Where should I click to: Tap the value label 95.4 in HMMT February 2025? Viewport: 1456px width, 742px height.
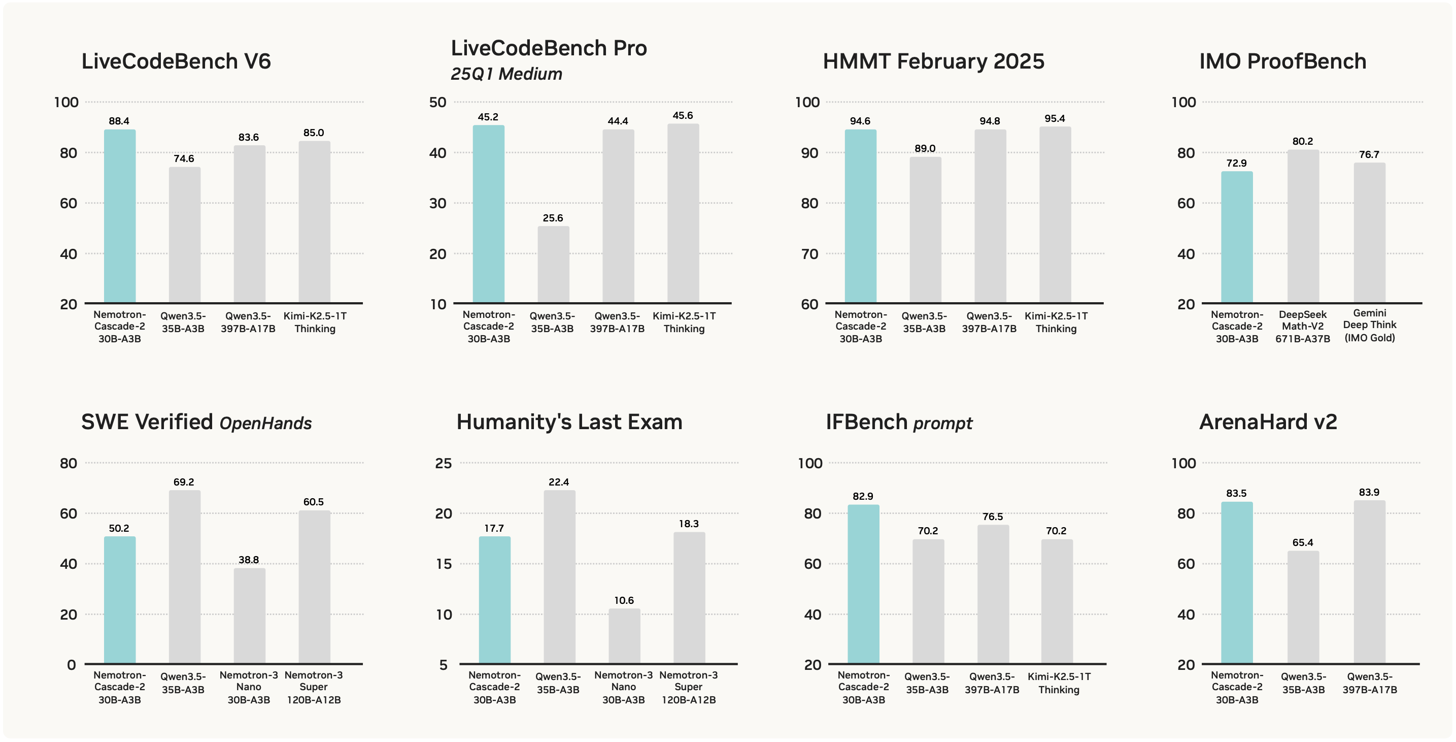click(1054, 118)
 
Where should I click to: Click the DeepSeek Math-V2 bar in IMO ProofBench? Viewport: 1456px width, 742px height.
click(1303, 226)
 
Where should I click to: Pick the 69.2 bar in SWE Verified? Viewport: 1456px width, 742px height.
click(184, 577)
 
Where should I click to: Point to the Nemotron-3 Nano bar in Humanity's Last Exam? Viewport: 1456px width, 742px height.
click(624, 636)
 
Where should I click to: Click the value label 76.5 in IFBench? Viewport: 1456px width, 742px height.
click(993, 517)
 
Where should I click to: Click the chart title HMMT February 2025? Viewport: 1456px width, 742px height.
click(933, 61)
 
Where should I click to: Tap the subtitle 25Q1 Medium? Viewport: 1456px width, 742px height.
click(506, 74)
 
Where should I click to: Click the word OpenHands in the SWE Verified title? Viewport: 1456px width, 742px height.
click(265, 423)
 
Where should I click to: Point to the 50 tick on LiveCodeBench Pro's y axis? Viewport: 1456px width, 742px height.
click(437, 103)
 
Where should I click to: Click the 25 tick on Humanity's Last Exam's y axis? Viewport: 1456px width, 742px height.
click(443, 463)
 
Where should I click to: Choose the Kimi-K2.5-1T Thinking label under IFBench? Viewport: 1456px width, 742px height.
click(1058, 683)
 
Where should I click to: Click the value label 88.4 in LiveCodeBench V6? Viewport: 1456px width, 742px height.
click(119, 121)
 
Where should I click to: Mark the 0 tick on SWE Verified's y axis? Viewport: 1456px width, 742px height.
click(71, 664)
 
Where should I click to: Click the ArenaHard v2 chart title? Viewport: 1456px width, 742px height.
click(1268, 422)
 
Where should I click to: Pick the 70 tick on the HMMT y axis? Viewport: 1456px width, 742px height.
click(809, 254)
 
